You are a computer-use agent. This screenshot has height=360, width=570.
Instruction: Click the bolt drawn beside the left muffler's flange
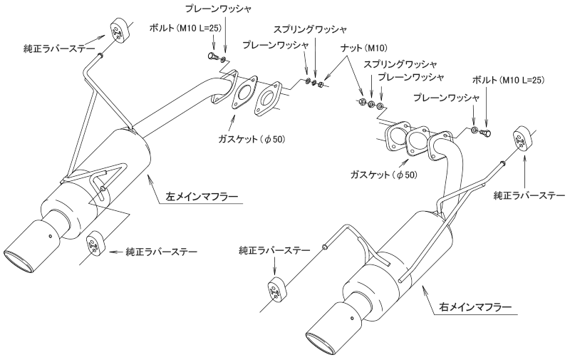(x=212, y=56)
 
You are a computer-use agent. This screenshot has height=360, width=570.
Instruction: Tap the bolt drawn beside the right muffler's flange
(x=487, y=132)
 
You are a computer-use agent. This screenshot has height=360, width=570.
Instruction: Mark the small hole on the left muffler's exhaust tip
(x=50, y=237)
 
